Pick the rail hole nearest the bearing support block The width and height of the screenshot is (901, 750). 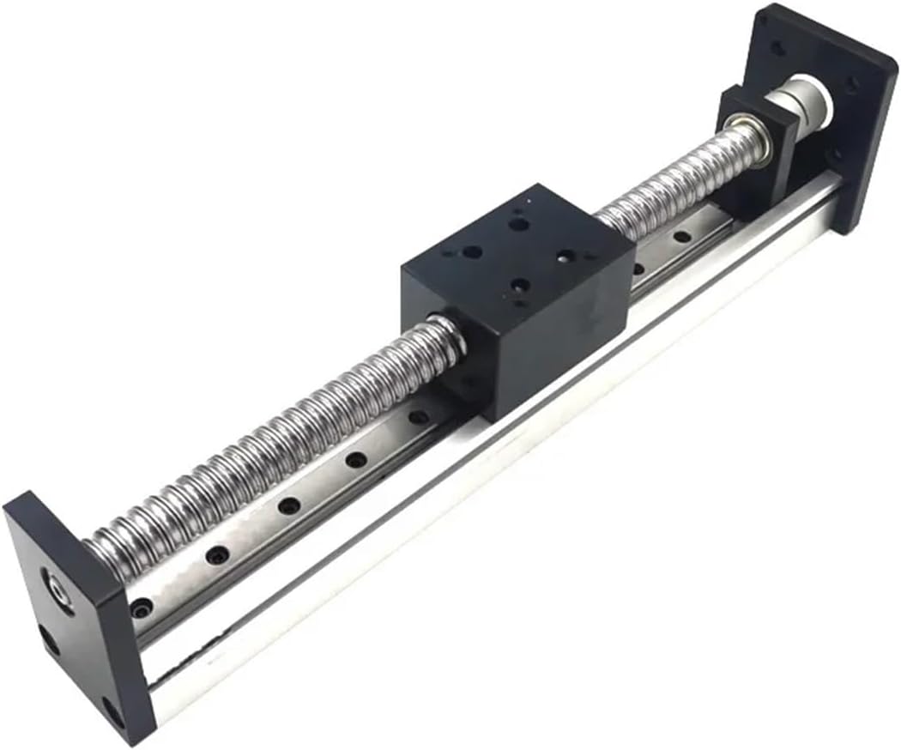pyautogui.click(x=682, y=235)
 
